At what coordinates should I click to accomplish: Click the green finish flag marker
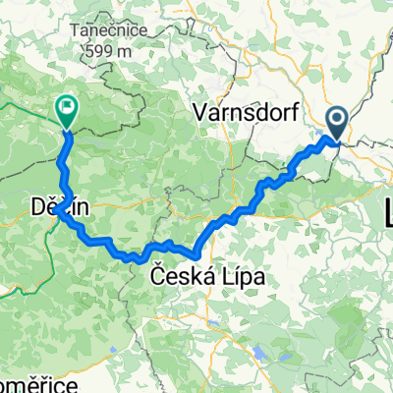[68, 111]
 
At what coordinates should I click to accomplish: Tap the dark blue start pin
[336, 124]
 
